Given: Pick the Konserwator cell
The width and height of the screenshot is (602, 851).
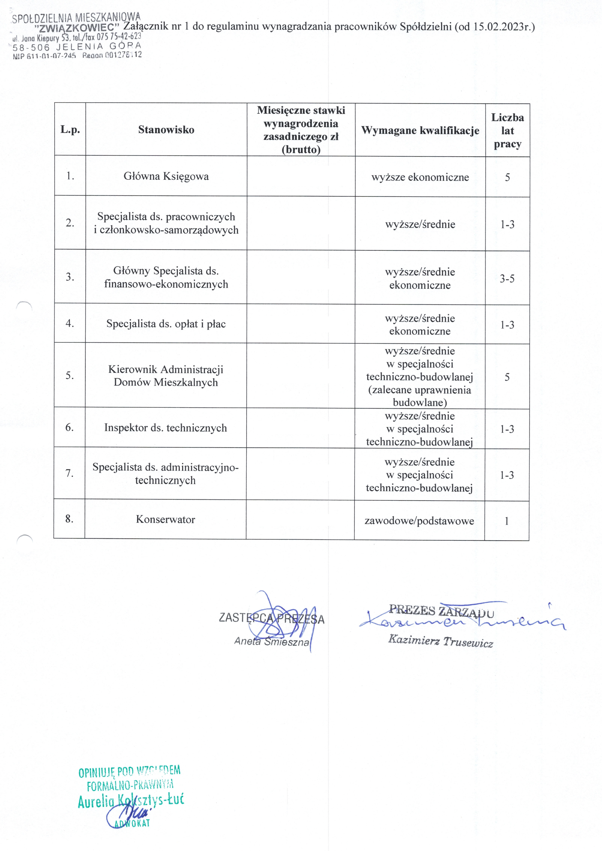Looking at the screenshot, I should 165,519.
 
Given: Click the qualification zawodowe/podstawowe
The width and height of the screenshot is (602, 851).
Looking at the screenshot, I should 419,521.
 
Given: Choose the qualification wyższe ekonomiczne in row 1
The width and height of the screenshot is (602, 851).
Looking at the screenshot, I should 420,177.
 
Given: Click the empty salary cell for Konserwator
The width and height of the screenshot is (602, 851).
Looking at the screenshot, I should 300,519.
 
